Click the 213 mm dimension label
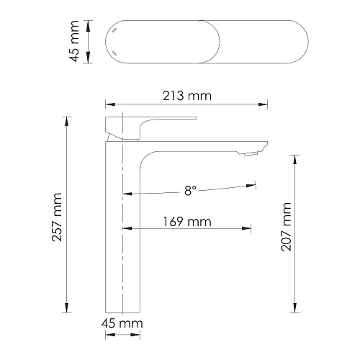[187, 96]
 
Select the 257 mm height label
[57, 217]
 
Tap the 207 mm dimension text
[286, 227]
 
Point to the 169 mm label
[187, 222]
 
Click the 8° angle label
[190, 191]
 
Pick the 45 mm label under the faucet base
[122, 324]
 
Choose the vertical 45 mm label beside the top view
[74, 41]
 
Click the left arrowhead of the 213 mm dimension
[110, 104]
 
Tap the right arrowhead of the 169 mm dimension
[246, 228]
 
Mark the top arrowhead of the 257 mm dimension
[67, 121]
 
